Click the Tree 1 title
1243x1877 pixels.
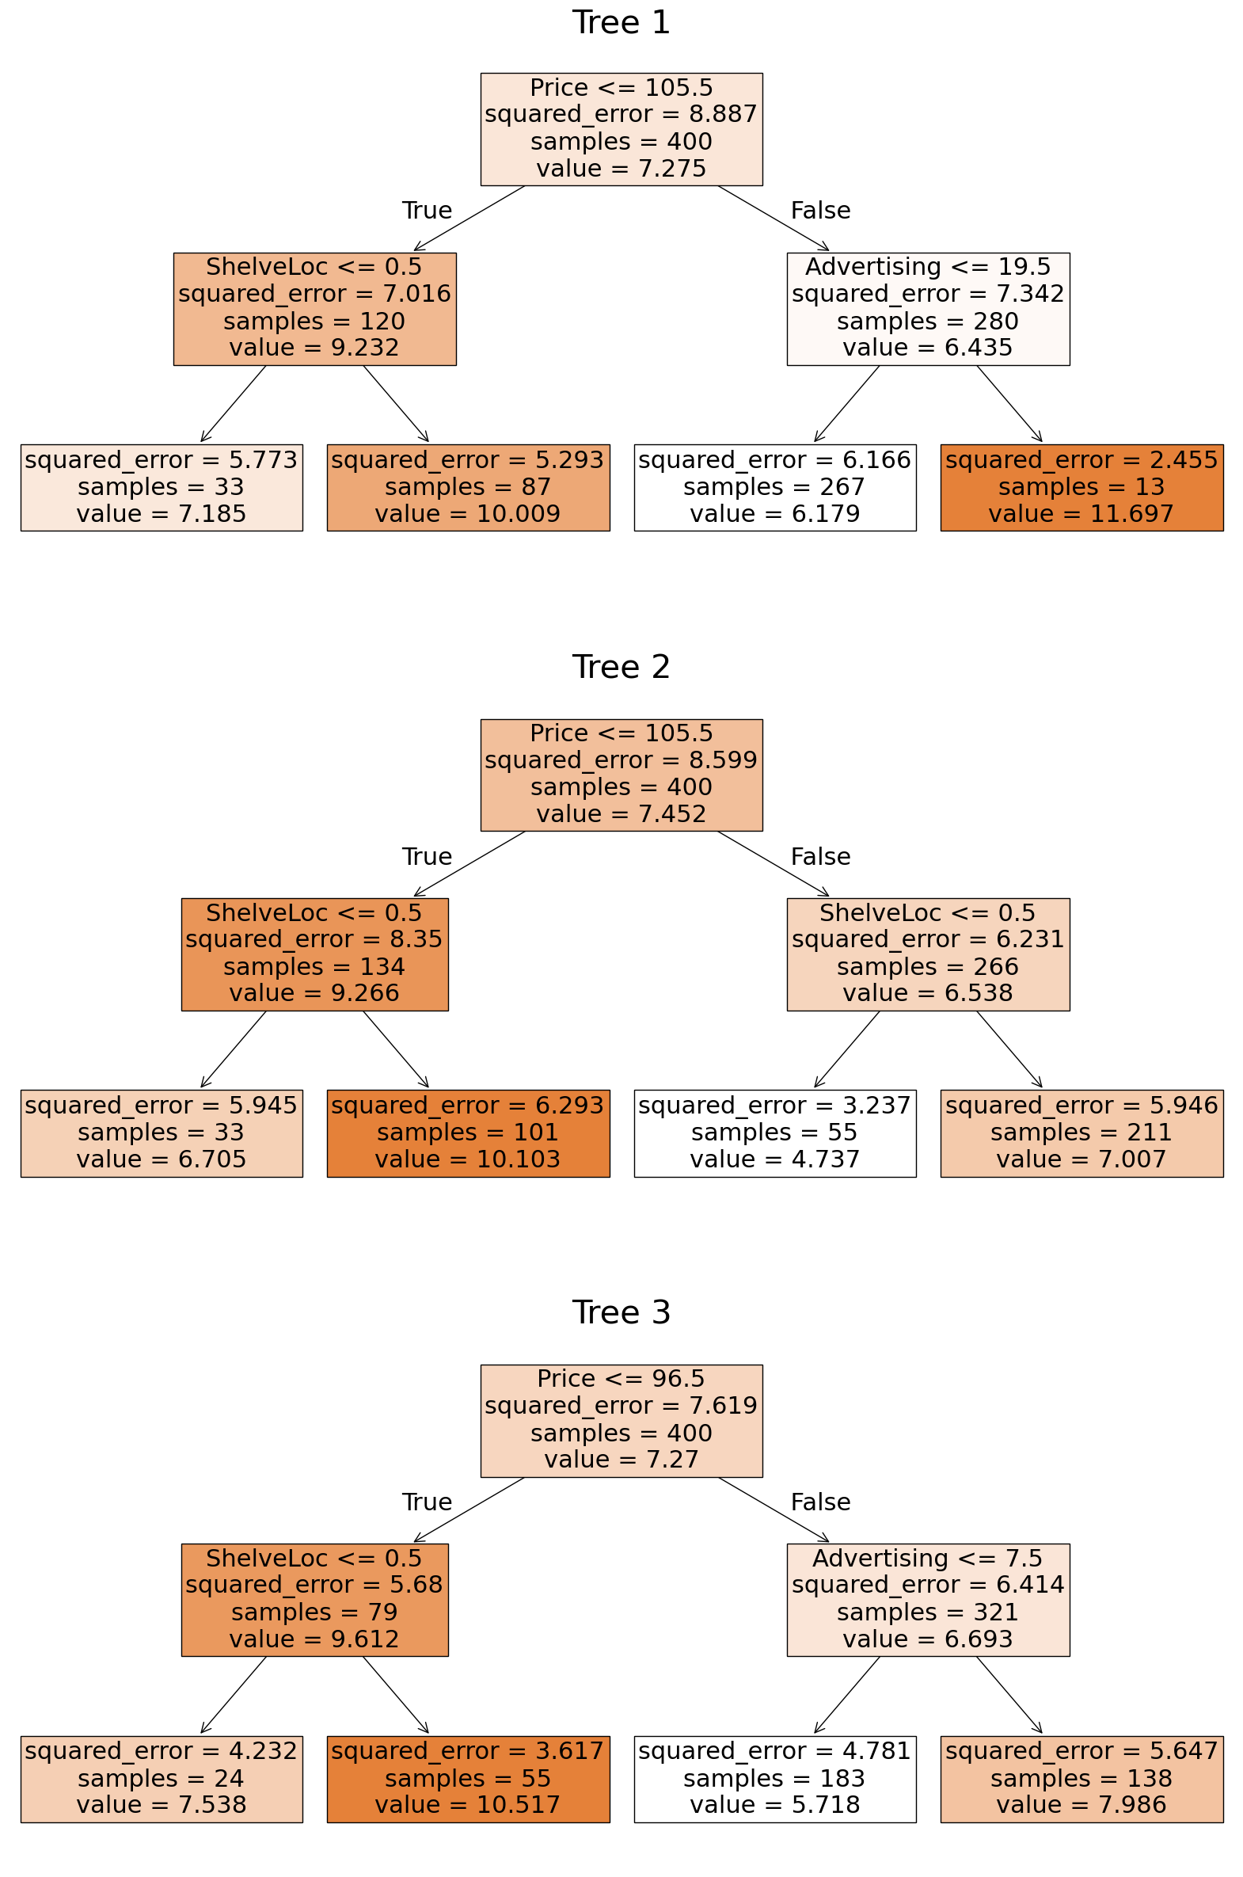(x=621, y=22)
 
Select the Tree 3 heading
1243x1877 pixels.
(x=621, y=1312)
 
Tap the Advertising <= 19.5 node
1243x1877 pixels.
(x=927, y=308)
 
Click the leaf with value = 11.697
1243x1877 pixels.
(x=1081, y=487)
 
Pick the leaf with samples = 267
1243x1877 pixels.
(x=774, y=487)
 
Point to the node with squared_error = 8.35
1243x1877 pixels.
(x=315, y=954)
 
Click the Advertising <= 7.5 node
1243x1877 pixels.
(x=927, y=1600)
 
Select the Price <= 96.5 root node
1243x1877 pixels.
(x=621, y=1420)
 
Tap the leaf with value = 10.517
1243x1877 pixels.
(x=468, y=1779)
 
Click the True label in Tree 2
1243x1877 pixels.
(x=427, y=856)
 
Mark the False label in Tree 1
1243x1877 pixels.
(x=819, y=210)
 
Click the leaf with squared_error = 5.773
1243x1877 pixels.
(x=161, y=487)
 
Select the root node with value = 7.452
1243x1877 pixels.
(x=621, y=775)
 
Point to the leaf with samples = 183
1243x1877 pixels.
(x=774, y=1779)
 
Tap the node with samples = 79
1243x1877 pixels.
(x=315, y=1600)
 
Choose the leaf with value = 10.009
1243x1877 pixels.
(x=468, y=487)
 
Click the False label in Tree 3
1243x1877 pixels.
(x=819, y=1502)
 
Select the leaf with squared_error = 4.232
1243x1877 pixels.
(x=161, y=1779)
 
